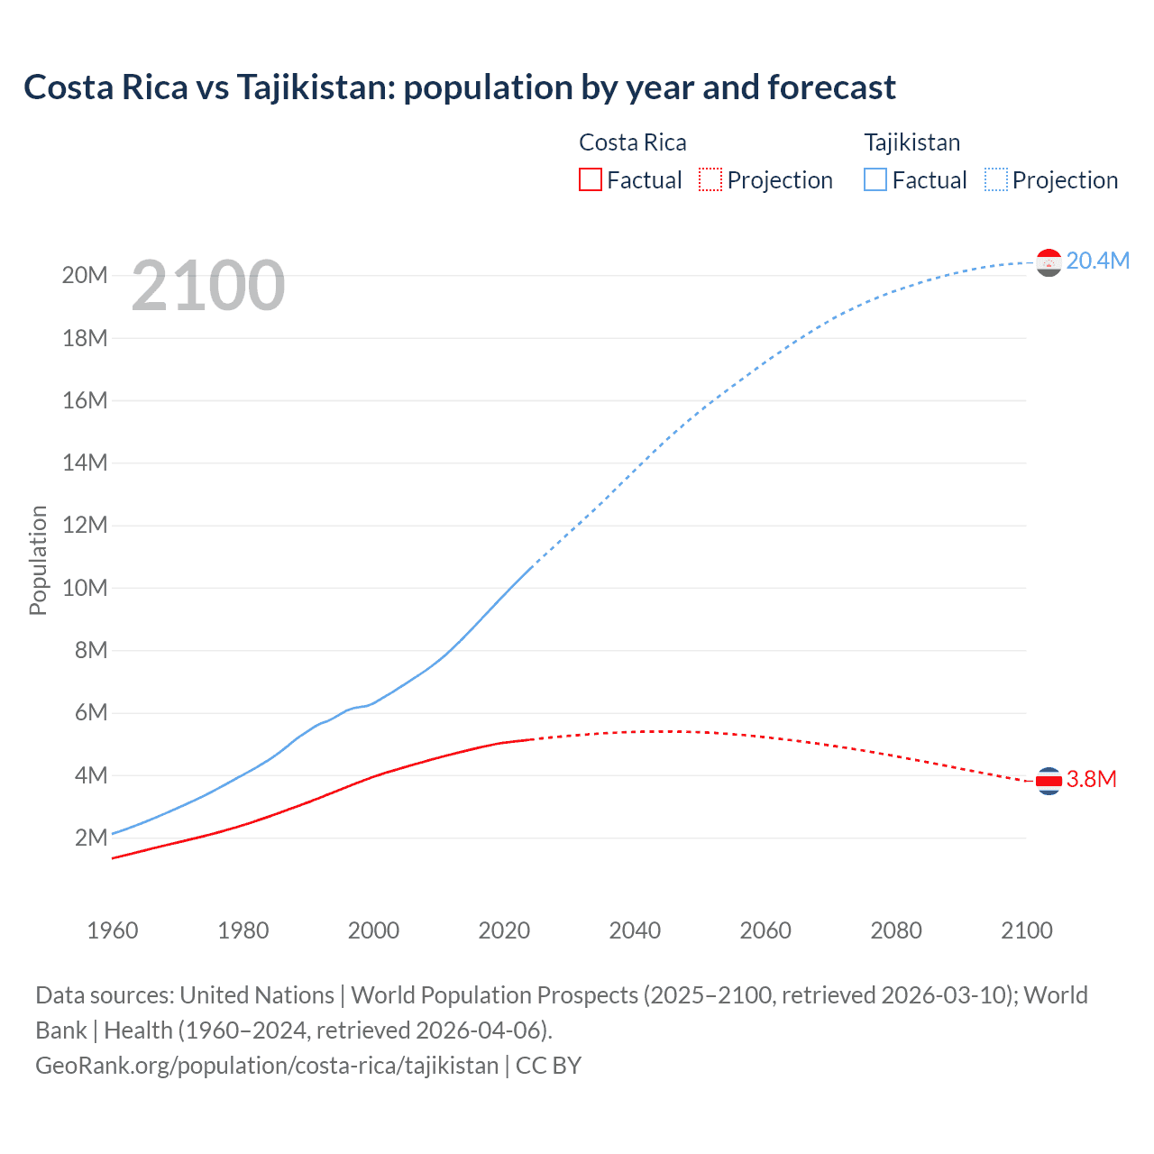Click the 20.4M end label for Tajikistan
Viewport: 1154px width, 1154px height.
[x=1097, y=261]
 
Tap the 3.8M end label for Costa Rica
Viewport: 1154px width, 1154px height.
[x=1091, y=779]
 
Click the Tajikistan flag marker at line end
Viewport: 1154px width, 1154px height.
[x=1049, y=262]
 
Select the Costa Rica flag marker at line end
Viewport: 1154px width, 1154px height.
[x=1049, y=781]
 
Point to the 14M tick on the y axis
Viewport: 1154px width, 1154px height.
[x=85, y=463]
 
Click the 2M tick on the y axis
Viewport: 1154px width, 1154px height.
[x=91, y=838]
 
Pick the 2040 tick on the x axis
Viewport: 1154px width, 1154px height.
[x=635, y=930]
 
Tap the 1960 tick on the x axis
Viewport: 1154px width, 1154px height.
[x=113, y=930]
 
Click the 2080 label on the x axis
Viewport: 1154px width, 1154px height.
[x=896, y=930]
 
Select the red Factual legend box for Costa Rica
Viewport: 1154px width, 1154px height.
[x=590, y=179]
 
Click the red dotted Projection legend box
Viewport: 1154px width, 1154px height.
[x=710, y=179]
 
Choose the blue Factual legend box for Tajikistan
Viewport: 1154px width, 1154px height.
[x=875, y=179]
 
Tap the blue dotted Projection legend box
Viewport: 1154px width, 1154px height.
[x=996, y=179]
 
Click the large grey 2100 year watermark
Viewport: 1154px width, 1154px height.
[x=208, y=286]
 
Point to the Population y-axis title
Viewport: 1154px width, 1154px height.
[x=38, y=561]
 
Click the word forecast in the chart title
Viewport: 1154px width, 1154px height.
[x=831, y=87]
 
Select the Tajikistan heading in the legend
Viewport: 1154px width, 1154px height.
[x=911, y=142]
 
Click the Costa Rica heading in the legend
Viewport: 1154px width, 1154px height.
[x=632, y=142]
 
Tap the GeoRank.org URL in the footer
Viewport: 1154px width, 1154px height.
[x=267, y=1066]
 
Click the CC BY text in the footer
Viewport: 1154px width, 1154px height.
[x=548, y=1066]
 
